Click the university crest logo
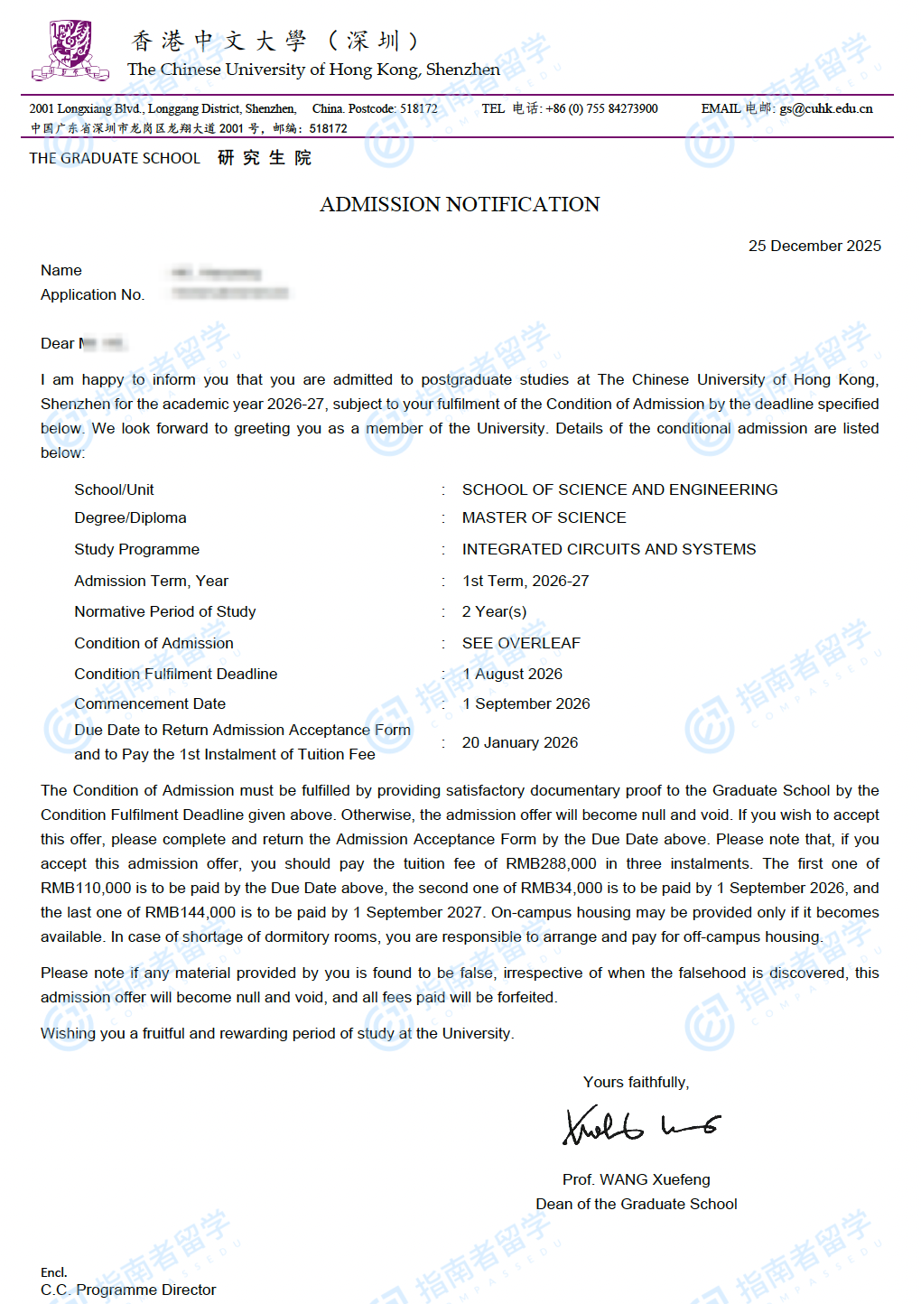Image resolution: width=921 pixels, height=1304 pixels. pos(70,51)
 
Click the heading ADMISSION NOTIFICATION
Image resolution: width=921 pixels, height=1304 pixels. pos(460,205)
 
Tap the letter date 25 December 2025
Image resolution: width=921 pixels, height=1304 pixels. pos(814,247)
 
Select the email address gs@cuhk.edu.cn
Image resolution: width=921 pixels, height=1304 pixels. pos(825,109)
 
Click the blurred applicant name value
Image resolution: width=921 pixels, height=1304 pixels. pos(217,272)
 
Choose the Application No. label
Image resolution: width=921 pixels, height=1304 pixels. pos(92,295)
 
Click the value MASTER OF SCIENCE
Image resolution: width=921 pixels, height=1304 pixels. pos(544,518)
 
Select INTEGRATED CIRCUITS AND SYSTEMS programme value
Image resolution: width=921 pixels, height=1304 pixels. pos(609,550)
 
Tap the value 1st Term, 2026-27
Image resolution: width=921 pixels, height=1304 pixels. pos(525,582)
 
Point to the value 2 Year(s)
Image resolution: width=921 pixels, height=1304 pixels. pos(494,612)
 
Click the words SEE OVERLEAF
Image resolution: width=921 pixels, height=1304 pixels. pos(521,644)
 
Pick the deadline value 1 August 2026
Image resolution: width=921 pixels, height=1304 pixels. pos(512,675)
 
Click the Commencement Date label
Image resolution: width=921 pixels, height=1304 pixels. pos(150,704)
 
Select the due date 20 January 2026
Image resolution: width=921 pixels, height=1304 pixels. pos(519,743)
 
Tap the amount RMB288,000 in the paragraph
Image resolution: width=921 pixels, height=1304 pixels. pos(551,864)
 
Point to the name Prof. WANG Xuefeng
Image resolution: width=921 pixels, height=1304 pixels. pos(636,1180)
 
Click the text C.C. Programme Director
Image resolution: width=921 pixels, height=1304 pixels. pos(128,1290)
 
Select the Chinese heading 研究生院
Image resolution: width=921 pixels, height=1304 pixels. pos(265,159)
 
